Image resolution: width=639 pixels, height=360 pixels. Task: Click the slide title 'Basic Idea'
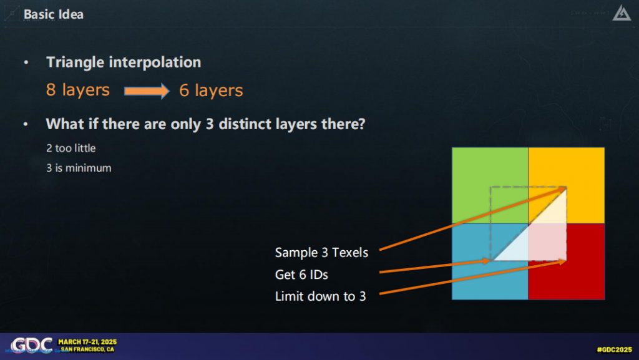(x=54, y=14)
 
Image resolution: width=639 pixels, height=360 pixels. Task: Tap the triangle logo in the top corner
(x=622, y=13)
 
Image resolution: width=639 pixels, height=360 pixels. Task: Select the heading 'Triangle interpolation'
(x=124, y=62)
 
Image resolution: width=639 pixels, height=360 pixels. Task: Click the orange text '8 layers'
(x=78, y=90)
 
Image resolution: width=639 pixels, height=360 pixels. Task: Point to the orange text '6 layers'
(x=211, y=90)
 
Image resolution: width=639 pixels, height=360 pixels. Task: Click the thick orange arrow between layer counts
(x=147, y=90)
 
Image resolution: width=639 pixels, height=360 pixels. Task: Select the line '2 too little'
(x=71, y=148)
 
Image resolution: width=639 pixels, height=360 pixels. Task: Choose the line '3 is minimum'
(x=79, y=168)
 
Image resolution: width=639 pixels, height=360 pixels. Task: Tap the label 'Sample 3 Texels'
(x=321, y=253)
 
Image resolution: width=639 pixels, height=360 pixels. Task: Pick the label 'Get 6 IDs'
(x=301, y=275)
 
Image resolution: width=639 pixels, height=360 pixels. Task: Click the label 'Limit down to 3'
(x=320, y=296)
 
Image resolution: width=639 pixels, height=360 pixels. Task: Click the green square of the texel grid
(x=490, y=185)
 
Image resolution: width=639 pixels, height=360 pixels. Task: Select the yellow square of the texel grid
(x=567, y=185)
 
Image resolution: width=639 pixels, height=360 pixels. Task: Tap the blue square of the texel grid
(x=490, y=261)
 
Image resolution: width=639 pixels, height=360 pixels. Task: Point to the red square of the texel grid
(x=567, y=261)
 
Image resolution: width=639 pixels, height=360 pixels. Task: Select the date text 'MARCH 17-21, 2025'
(x=87, y=342)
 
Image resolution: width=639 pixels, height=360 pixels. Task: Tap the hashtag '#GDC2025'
(x=614, y=349)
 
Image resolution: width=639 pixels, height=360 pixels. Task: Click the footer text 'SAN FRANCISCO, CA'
(x=87, y=349)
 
